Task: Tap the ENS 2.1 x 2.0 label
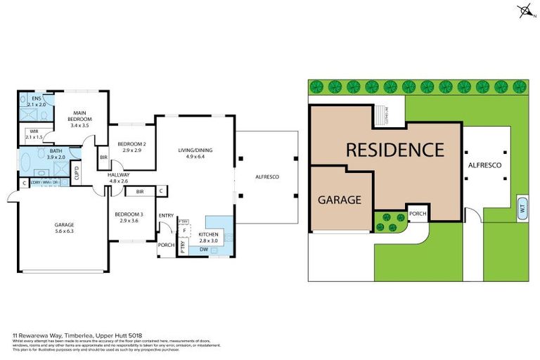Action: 27,101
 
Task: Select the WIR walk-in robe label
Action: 34,134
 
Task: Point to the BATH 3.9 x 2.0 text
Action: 56,155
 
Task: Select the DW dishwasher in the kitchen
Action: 202,249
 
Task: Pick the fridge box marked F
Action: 184,230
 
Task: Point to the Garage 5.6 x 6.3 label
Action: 64,229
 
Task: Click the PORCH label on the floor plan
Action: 166,245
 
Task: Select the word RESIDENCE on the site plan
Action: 394,150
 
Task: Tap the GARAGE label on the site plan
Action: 341,200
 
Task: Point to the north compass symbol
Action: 525,11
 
